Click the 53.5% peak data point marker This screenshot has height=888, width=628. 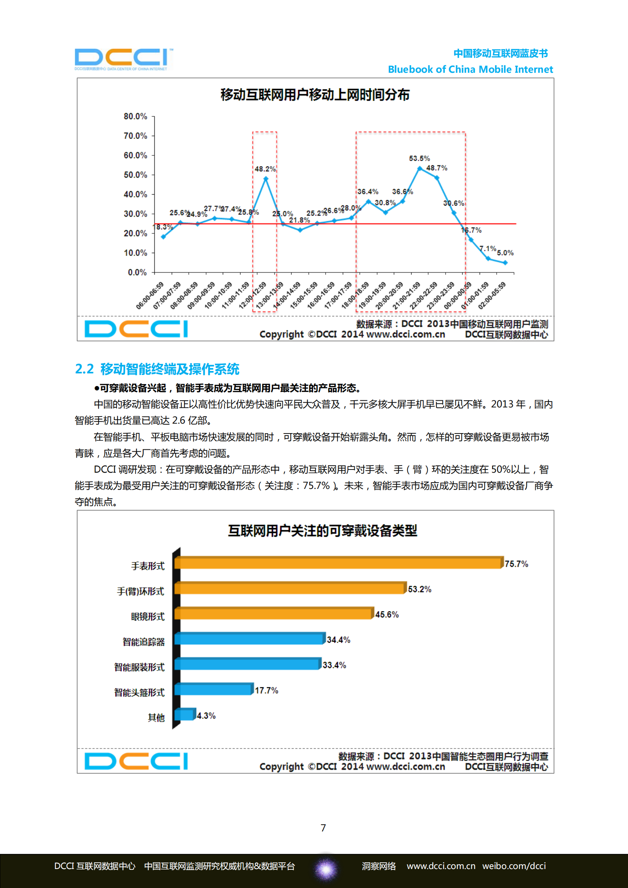click(419, 169)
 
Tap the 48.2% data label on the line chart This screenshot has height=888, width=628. click(265, 169)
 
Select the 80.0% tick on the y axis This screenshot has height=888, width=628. click(135, 116)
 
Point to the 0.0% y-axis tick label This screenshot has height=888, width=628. click(137, 272)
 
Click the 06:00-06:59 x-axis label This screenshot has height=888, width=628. click(150, 295)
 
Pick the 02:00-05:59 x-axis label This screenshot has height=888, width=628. click(492, 295)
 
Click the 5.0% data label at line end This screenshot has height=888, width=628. click(505, 252)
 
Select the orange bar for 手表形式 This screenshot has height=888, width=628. click(338, 562)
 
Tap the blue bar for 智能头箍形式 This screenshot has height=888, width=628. click(213, 689)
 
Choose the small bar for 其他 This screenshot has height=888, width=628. click(185, 714)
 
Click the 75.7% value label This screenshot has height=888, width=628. click(516, 564)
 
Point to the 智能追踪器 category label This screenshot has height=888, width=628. click(143, 642)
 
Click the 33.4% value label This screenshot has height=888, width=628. click(334, 665)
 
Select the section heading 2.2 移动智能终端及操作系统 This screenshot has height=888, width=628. click(157, 369)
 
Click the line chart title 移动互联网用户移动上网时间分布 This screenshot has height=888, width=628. click(315, 95)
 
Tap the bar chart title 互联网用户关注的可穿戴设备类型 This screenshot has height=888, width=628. click(323, 530)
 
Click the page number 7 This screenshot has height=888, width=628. click(323, 828)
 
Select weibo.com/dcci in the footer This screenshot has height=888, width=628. click(514, 866)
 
